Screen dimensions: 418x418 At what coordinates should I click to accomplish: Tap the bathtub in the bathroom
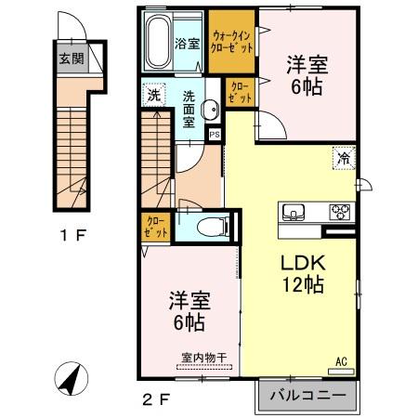160,42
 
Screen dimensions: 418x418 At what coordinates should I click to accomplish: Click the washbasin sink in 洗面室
213,109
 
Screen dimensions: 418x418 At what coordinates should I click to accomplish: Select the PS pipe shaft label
215,133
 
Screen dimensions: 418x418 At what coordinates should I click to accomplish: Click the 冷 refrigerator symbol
343,157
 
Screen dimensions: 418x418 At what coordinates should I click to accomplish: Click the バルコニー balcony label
307,397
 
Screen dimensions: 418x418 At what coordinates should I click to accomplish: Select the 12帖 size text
304,285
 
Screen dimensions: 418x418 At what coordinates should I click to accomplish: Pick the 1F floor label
73,234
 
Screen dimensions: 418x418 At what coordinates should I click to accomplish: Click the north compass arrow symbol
68,376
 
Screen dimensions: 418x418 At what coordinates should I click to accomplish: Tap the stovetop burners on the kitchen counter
338,211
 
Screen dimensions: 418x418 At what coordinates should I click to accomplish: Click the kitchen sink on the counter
295,211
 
